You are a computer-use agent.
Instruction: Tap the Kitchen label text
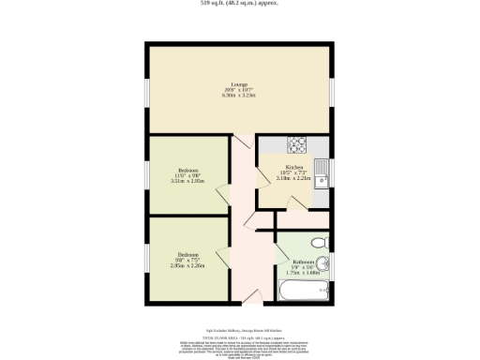(x=293, y=168)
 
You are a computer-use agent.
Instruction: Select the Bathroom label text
(x=302, y=262)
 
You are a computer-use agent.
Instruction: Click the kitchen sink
(x=322, y=174)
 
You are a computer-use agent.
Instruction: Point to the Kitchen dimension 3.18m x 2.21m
(x=293, y=179)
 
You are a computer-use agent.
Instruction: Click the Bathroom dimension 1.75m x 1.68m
(x=302, y=273)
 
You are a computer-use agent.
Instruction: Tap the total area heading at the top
(x=239, y=4)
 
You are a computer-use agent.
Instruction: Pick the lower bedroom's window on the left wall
(x=146, y=258)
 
